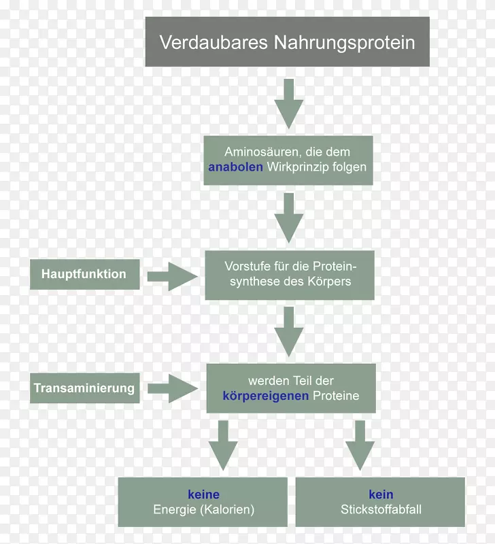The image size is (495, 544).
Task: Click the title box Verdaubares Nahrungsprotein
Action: click(287, 42)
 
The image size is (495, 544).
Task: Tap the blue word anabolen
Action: click(235, 167)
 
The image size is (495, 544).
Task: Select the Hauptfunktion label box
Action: click(84, 274)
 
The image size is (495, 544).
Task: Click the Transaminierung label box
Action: click(84, 389)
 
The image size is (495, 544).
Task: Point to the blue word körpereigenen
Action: click(266, 395)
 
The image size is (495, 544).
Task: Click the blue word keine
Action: click(203, 494)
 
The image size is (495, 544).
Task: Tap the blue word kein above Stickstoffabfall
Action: click(381, 494)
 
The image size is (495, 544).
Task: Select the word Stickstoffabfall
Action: click(381, 509)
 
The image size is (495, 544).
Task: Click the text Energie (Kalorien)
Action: click(203, 509)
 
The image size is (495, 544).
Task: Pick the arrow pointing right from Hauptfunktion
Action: click(173, 275)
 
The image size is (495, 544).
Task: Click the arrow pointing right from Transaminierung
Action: click(173, 389)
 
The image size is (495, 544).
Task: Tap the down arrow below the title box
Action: click(289, 103)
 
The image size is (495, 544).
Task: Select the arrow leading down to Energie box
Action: click(223, 445)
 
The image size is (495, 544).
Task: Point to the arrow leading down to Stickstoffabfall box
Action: click(360, 445)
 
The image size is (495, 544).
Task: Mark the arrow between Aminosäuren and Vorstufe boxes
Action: click(289, 218)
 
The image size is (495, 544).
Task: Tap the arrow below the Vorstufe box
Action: click(289, 332)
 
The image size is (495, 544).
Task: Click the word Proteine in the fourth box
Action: click(336, 395)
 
